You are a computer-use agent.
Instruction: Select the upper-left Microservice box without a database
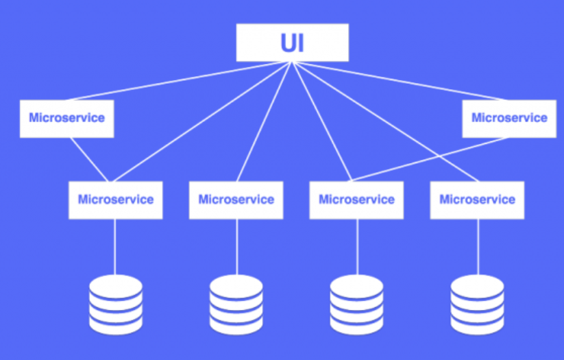tap(66, 118)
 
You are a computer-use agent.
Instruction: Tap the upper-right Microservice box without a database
tap(509, 118)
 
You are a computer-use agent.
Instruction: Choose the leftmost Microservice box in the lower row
tap(115, 200)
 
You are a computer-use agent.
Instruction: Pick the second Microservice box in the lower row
tap(236, 200)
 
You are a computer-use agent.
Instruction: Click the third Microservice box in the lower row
tap(356, 200)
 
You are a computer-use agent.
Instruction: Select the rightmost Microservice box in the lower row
tap(477, 200)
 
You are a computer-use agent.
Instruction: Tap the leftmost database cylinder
tap(116, 304)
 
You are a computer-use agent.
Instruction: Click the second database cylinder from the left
tap(236, 304)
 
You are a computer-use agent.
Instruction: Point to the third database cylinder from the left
tap(356, 304)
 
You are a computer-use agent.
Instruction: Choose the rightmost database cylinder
tap(477, 304)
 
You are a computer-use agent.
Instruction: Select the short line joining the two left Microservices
tap(89, 160)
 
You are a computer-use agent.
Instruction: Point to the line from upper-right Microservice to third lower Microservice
tap(430, 160)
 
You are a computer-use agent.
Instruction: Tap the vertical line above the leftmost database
tap(115, 247)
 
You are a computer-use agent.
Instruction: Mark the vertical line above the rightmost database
tap(477, 247)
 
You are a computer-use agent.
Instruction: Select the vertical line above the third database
tap(356, 247)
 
